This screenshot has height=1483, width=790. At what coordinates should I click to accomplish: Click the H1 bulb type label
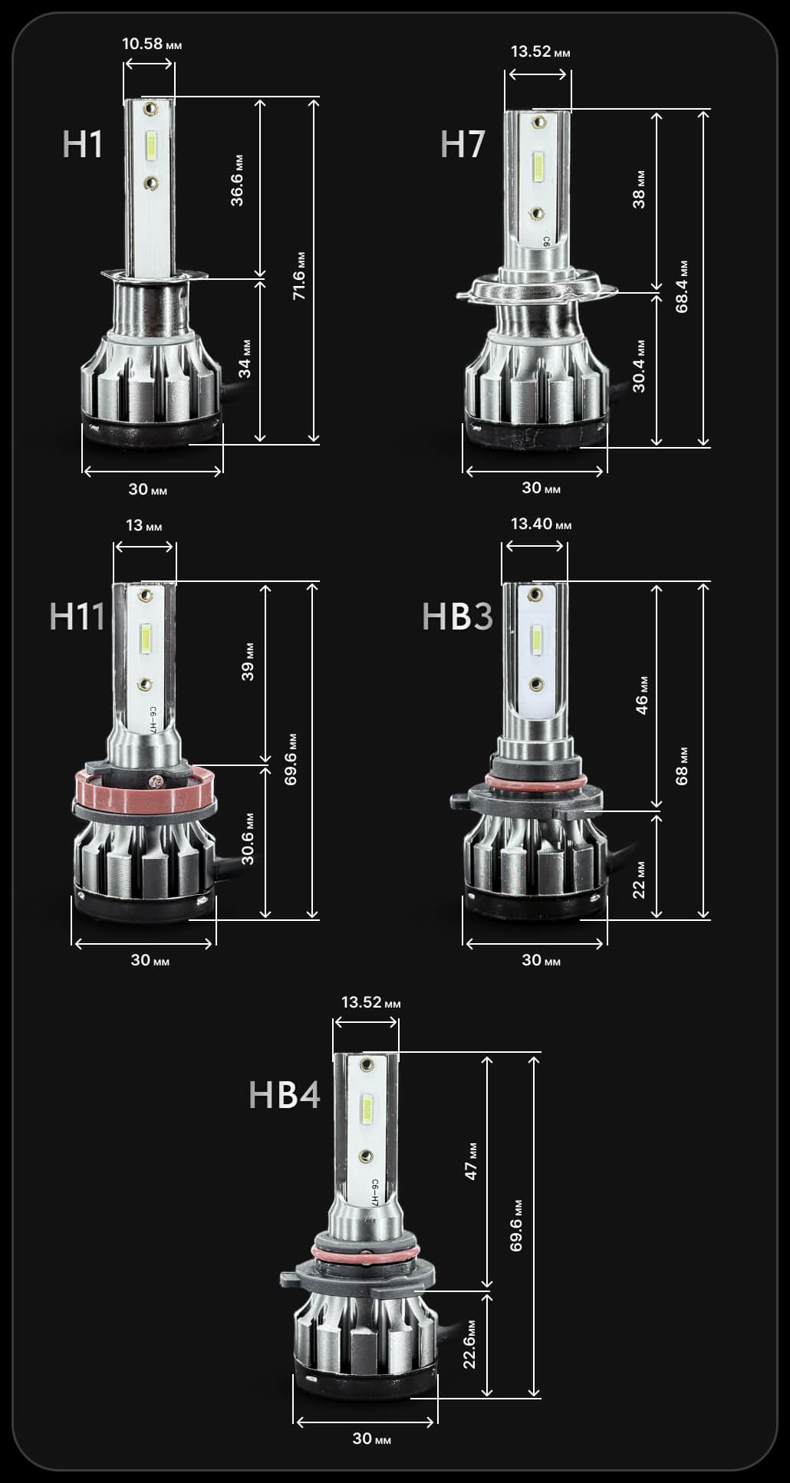(x=82, y=144)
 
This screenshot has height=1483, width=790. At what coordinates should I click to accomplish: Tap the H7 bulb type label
(x=462, y=144)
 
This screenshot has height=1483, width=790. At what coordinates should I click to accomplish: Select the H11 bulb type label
(x=77, y=617)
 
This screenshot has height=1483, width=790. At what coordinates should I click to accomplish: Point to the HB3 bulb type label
(x=457, y=617)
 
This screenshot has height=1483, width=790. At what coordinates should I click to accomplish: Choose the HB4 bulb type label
(x=285, y=1094)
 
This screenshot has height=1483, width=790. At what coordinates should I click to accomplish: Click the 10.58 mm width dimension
(x=152, y=44)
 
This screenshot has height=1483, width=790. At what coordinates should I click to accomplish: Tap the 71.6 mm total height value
(x=299, y=275)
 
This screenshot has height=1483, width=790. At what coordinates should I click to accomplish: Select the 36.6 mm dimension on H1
(x=237, y=181)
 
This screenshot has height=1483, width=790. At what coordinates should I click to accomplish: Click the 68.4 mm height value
(x=682, y=287)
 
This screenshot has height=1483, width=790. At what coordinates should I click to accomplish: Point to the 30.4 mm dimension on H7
(x=639, y=366)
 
